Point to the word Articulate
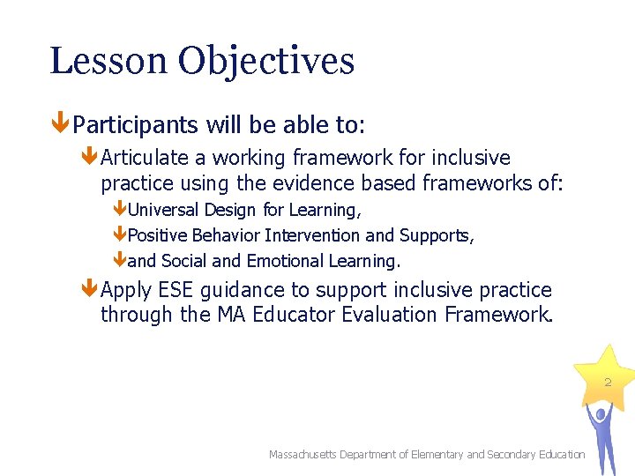(x=145, y=158)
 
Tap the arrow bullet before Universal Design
(x=120, y=210)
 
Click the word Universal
(x=164, y=210)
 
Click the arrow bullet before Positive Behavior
(x=120, y=235)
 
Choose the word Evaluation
(x=393, y=315)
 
